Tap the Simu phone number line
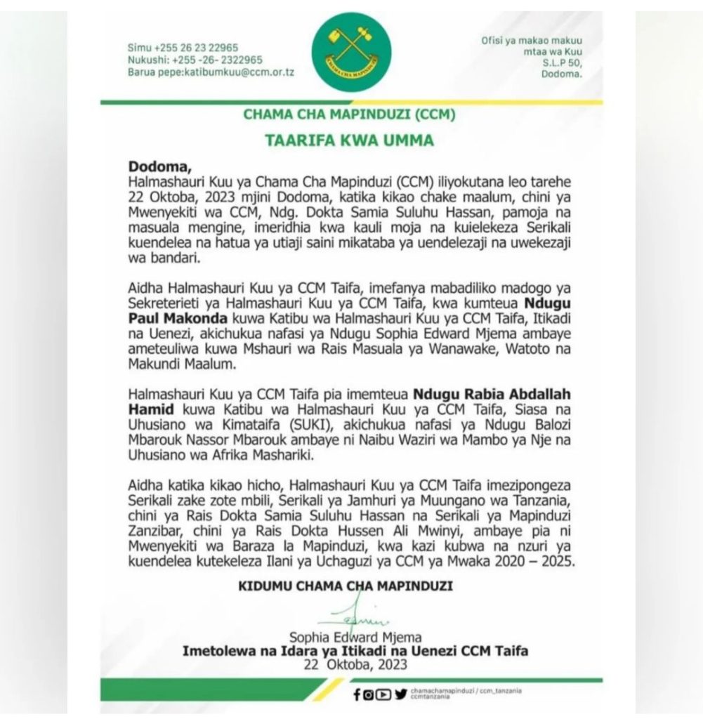pyautogui.click(x=183, y=47)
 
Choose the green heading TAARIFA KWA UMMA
pyautogui.click(x=349, y=140)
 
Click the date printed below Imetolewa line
pyautogui.click(x=355, y=664)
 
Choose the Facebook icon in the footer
pyautogui.click(x=358, y=695)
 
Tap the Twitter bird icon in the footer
pyautogui.click(x=400, y=695)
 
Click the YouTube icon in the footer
pyautogui.click(x=385, y=695)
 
